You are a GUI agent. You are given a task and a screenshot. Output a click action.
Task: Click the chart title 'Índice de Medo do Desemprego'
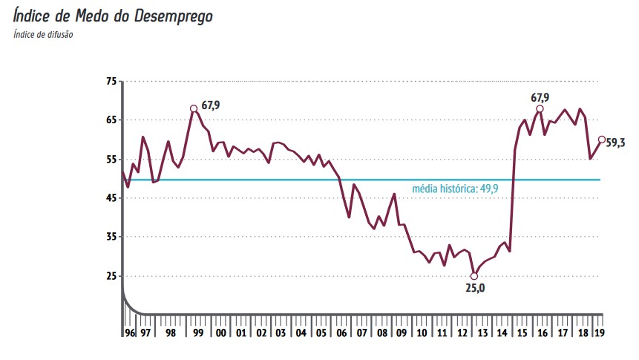point(113,16)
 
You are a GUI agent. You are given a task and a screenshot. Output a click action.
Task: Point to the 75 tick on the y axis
point(111,81)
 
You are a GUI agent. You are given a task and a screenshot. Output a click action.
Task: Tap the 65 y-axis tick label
point(111,120)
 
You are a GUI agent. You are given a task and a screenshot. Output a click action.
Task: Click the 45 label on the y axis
point(111,198)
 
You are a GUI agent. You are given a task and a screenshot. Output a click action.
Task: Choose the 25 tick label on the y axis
point(111,276)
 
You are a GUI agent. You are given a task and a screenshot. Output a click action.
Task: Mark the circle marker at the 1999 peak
point(194,108)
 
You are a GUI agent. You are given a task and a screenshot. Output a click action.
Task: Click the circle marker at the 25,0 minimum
point(474,276)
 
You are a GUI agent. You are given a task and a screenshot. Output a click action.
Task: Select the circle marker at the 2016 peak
point(540,108)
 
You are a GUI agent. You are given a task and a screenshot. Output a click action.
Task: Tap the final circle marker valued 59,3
point(601,140)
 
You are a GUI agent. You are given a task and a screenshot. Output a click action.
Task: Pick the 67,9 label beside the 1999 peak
point(211,105)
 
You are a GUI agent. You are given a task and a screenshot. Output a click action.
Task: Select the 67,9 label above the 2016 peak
point(540,97)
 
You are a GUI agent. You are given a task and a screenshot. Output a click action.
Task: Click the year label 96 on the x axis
point(130,333)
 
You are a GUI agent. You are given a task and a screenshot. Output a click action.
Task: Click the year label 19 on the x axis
point(599,333)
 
